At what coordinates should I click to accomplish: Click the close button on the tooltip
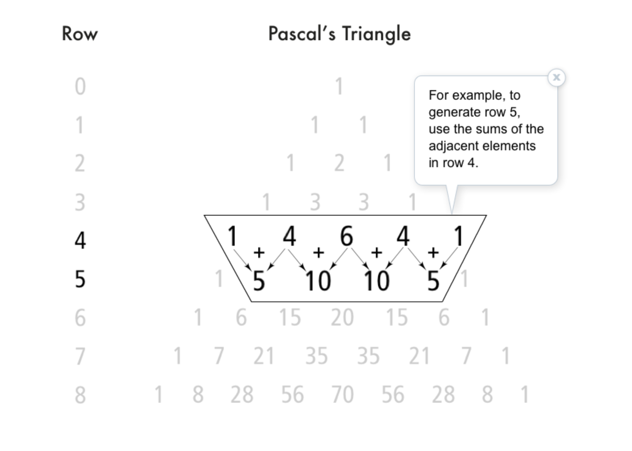556,78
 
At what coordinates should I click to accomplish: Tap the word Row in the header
80,34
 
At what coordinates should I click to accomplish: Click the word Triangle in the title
376,34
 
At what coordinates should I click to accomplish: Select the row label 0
80,87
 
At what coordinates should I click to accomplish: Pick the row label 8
80,395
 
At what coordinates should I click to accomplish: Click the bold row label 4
80,240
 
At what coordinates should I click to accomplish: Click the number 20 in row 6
342,317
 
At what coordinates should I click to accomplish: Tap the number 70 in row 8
343,395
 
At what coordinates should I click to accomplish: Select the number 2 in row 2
339,163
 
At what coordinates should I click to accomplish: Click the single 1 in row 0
339,87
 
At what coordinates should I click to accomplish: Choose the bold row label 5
80,279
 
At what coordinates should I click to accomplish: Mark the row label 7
80,356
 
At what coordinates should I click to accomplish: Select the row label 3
80,202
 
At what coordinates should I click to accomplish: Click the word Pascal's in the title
302,34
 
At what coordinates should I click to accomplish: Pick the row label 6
80,318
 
